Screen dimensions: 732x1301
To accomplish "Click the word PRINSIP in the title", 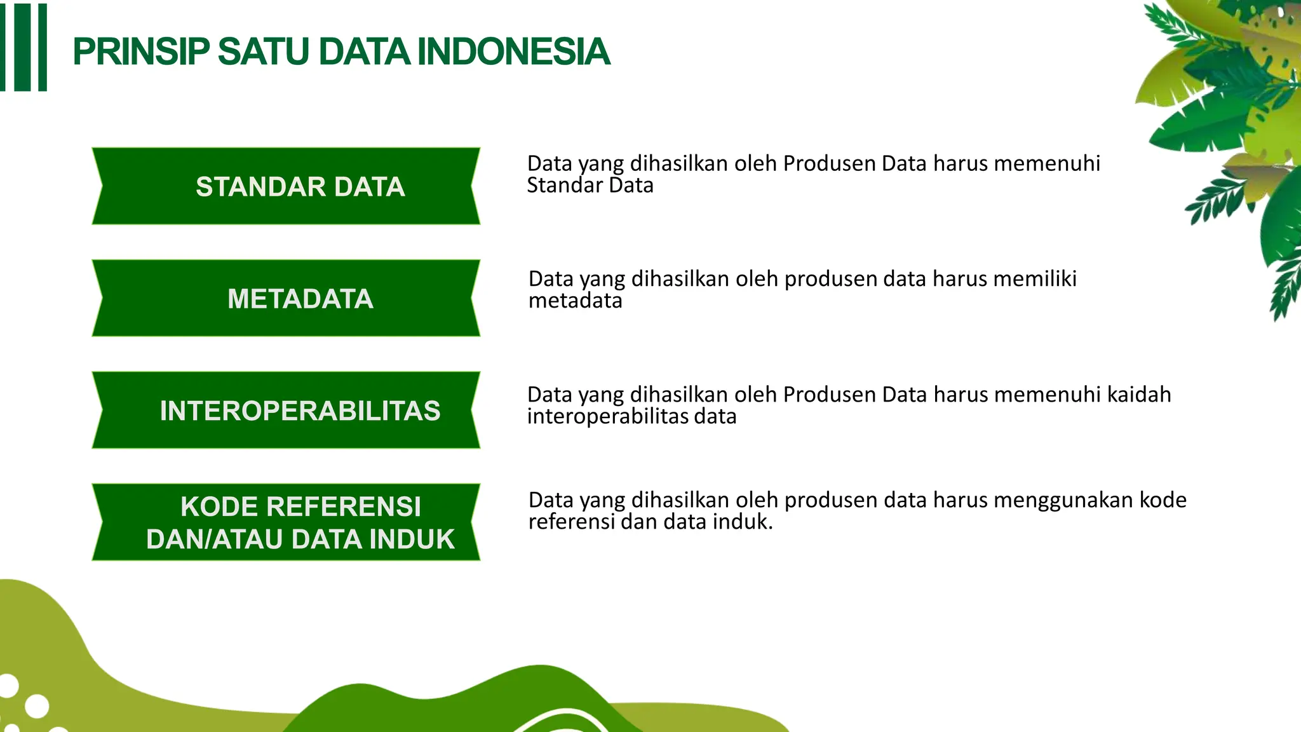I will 141,52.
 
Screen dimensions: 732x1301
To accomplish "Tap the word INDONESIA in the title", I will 513,52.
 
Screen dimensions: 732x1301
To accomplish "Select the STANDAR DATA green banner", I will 286,186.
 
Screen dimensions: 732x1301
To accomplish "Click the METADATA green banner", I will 286,298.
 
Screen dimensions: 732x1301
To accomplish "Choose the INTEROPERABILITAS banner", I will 286,410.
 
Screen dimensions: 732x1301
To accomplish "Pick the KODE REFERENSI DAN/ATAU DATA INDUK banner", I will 286,522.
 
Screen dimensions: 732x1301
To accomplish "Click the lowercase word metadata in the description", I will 575,301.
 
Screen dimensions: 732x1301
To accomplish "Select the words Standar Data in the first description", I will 590,186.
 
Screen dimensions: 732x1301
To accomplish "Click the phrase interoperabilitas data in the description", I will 631,417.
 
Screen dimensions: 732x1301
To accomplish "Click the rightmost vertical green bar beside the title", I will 43,48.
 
